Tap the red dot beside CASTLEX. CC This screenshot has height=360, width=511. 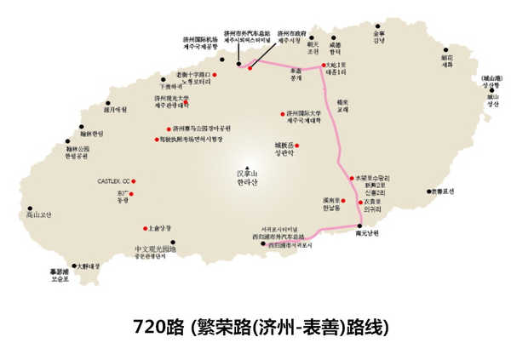pyautogui.click(x=134, y=181)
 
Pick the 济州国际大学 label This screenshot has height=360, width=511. pyautogui.click(x=303, y=116)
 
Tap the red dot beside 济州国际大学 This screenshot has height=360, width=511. pyautogui.click(x=282, y=114)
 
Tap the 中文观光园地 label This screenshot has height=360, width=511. pyautogui.click(x=154, y=251)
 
